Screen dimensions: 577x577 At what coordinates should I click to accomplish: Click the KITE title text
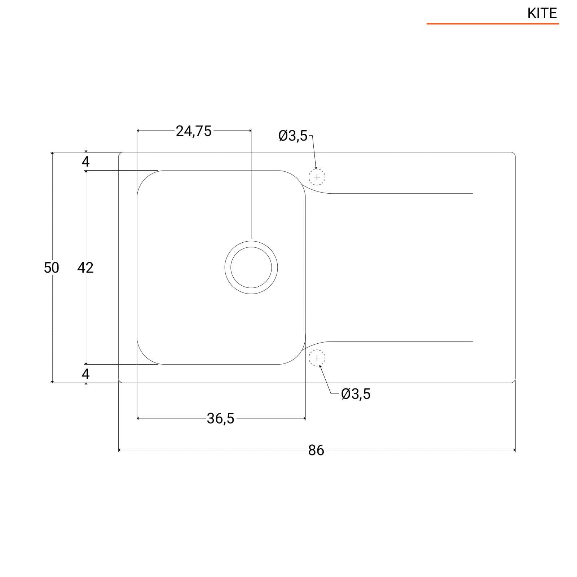point(542,13)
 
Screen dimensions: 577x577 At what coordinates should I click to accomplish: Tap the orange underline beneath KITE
point(493,24)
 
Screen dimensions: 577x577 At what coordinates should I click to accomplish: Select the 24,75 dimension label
point(194,131)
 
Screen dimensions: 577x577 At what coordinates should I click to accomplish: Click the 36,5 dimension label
point(220,419)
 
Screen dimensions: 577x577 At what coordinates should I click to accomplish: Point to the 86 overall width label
point(316,450)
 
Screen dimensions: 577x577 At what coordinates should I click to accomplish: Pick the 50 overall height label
point(51,268)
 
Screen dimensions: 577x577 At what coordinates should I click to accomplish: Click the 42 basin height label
point(85,268)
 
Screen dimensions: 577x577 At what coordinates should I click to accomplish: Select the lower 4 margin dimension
point(85,374)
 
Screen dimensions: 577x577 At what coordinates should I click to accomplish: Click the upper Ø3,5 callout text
point(293,136)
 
